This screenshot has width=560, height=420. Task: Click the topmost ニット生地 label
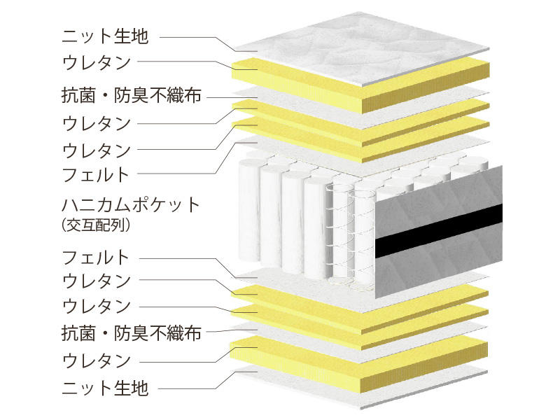(x=106, y=36)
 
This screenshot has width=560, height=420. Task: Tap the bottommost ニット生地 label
(x=106, y=388)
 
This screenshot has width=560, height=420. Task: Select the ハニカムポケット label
(x=131, y=205)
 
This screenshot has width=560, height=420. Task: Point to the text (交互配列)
(x=95, y=225)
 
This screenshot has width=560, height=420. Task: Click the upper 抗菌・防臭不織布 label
(x=132, y=96)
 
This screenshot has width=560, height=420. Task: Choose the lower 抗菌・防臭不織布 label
(x=132, y=333)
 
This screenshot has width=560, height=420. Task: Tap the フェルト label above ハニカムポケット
(x=96, y=174)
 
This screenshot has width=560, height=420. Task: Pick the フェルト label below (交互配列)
(x=96, y=257)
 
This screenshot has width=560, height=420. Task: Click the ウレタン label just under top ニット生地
(x=97, y=62)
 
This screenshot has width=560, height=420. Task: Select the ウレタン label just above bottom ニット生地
(x=97, y=360)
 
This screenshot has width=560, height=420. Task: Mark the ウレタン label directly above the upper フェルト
(x=97, y=150)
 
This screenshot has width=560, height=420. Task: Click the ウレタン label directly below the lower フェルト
(x=97, y=281)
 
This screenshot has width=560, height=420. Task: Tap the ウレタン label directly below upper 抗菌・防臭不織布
(x=97, y=124)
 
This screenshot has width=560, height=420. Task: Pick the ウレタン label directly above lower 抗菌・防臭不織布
(x=97, y=306)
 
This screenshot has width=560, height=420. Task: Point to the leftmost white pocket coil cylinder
(x=249, y=211)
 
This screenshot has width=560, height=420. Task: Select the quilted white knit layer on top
(x=360, y=50)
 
